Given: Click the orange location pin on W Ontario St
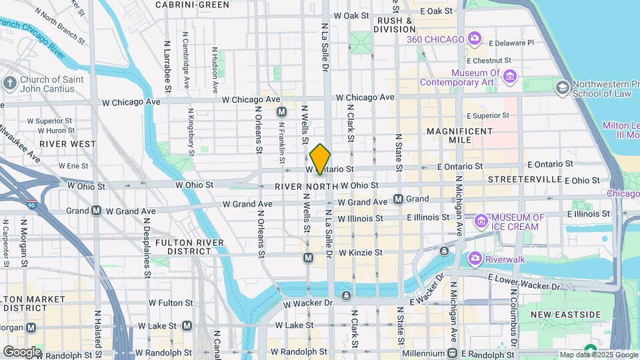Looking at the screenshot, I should click(320, 159).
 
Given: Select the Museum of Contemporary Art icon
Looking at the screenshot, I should click(510, 77).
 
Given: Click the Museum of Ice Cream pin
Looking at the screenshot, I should click(481, 221).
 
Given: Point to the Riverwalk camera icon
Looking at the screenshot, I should click(474, 258).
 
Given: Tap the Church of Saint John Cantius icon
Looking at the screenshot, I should click(9, 83).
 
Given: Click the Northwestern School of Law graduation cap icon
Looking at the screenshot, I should click(563, 88).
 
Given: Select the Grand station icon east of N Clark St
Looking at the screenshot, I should click(399, 199).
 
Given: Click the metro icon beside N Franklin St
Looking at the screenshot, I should click(281, 112).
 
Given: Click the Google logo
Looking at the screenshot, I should click(21, 351).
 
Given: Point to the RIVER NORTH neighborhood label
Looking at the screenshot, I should click(298, 185).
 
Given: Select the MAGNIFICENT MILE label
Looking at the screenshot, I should click(459, 136).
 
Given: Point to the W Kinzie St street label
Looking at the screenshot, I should click(360, 253).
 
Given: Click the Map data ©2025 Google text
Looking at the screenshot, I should click(597, 355).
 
